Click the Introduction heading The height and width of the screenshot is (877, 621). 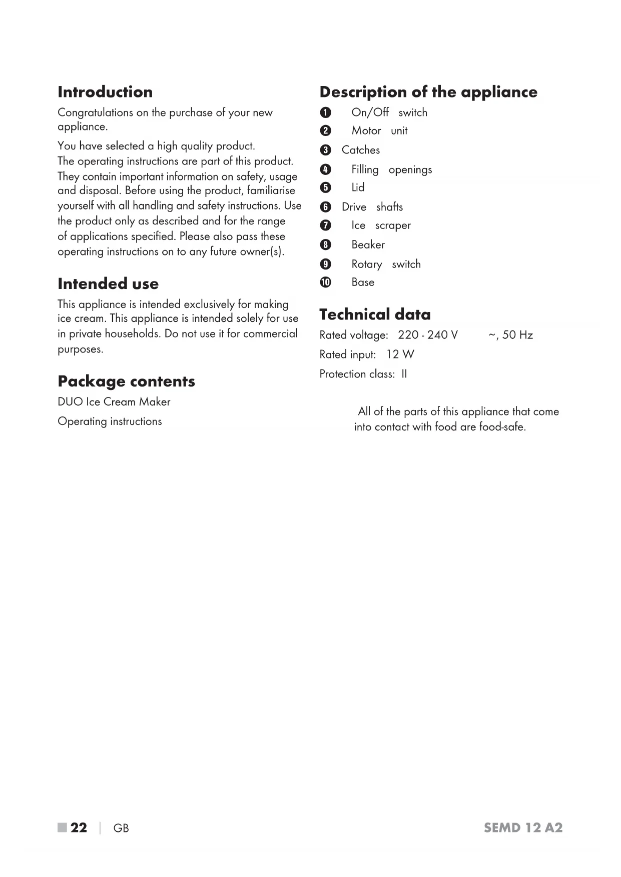(105, 92)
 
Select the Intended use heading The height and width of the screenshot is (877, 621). (108, 284)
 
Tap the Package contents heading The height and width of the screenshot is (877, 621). (126, 381)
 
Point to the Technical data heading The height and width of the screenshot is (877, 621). (375, 314)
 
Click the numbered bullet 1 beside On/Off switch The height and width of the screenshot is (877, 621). (325, 112)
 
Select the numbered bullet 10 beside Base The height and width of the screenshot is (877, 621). (325, 282)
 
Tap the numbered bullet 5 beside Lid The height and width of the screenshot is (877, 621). (325, 187)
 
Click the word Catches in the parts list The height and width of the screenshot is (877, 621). (360, 150)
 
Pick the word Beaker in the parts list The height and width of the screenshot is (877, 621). (368, 244)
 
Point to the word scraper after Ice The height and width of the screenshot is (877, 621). (393, 225)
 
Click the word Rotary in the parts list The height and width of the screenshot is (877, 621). (366, 264)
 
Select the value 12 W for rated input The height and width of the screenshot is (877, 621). (400, 354)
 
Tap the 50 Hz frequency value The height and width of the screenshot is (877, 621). (517, 335)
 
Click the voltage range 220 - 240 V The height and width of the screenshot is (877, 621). (427, 335)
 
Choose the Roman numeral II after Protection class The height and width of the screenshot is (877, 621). (404, 374)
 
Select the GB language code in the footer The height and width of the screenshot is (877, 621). (121, 828)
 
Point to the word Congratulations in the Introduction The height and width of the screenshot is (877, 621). (95, 112)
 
